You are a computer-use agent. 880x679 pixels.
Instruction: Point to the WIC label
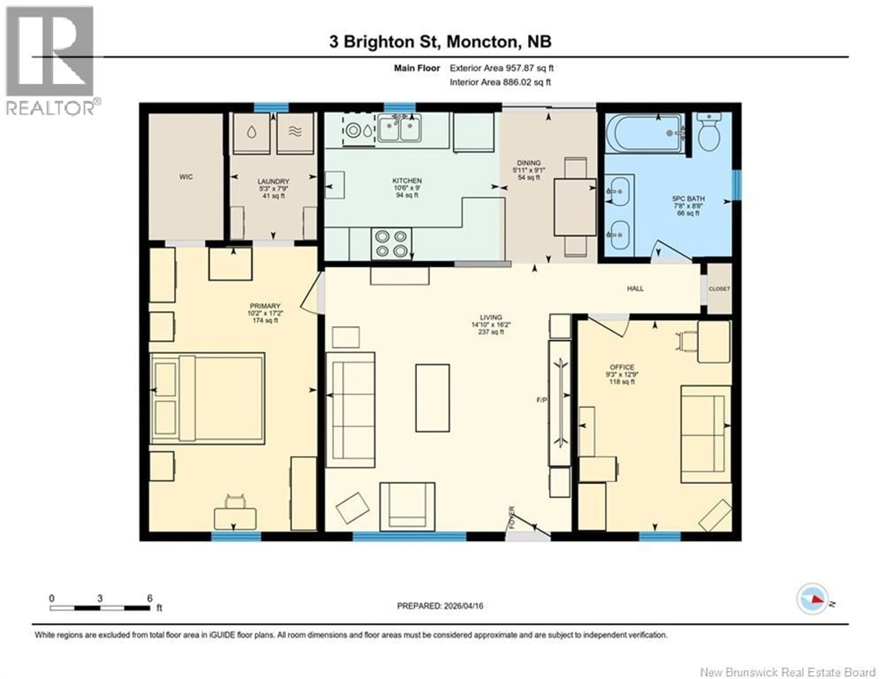tap(186, 177)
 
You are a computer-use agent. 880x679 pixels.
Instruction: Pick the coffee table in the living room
tap(432, 398)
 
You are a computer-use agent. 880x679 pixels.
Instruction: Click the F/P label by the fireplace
tap(542, 400)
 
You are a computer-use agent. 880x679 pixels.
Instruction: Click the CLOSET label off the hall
tap(719, 289)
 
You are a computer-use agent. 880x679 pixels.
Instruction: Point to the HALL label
tap(635, 288)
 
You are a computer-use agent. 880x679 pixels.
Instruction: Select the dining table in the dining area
tap(575, 207)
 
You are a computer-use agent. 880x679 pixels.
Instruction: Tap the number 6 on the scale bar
tap(149, 598)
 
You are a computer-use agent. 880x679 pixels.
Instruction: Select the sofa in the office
tap(706, 434)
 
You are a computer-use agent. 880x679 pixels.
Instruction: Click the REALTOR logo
tap(50, 60)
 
